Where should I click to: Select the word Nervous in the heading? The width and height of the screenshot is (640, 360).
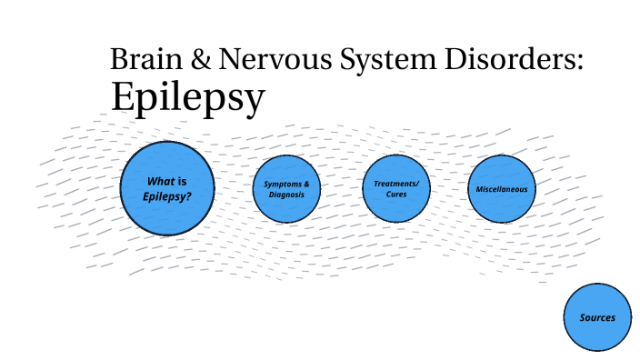pos(272,60)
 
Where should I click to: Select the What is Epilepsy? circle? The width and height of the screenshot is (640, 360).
pos(168,188)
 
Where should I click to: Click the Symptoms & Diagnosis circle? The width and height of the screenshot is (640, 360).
pos(286,189)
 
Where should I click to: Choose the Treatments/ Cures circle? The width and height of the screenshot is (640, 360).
pos(395,188)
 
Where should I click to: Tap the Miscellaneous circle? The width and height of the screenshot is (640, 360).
pos(501,188)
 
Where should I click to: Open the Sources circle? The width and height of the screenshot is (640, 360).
pos(597,317)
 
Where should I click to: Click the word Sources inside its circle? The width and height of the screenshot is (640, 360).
pos(597,317)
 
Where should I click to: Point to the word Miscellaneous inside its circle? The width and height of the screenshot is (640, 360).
pos(501,189)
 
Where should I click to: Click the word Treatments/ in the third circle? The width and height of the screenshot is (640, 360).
pos(395,183)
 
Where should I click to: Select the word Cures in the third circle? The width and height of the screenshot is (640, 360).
pos(395,195)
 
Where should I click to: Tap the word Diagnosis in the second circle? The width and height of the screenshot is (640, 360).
pos(286,195)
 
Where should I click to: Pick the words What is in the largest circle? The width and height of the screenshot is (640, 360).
pos(167,180)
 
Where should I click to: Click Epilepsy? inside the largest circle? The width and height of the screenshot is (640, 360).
pos(167,195)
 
